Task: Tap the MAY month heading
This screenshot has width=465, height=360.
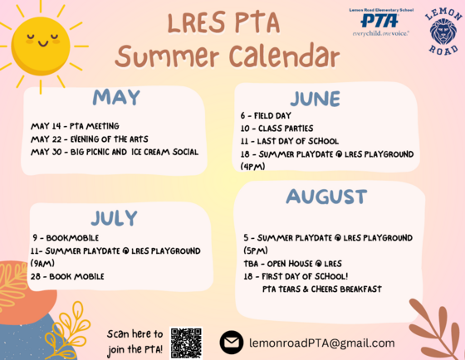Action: click(115, 97)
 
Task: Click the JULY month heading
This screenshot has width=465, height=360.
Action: click(114, 217)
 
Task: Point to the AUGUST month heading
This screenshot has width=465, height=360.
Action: click(326, 197)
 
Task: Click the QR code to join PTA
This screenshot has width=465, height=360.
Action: click(186, 341)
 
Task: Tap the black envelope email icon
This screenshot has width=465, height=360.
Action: click(231, 342)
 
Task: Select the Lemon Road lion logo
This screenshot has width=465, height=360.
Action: click(442, 32)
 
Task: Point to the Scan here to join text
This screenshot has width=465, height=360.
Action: click(135, 333)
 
